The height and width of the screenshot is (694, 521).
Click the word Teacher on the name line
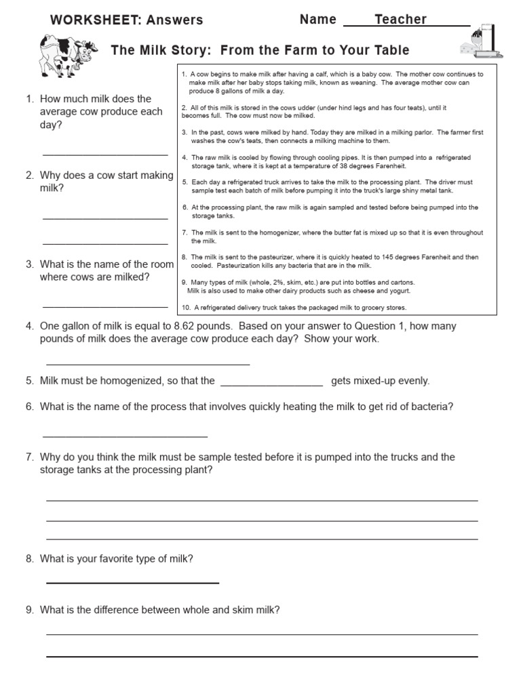click(x=400, y=20)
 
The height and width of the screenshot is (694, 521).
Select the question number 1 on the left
click(x=29, y=99)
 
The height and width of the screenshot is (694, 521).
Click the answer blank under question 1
click(x=105, y=155)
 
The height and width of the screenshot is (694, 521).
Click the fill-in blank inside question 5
click(x=272, y=386)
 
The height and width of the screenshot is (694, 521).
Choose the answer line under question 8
click(x=132, y=582)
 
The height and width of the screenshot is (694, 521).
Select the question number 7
click(x=29, y=457)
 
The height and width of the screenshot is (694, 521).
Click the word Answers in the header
click(x=175, y=20)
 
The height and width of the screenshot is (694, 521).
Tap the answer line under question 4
click(x=147, y=365)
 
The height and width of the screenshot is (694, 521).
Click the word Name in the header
click(x=317, y=20)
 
